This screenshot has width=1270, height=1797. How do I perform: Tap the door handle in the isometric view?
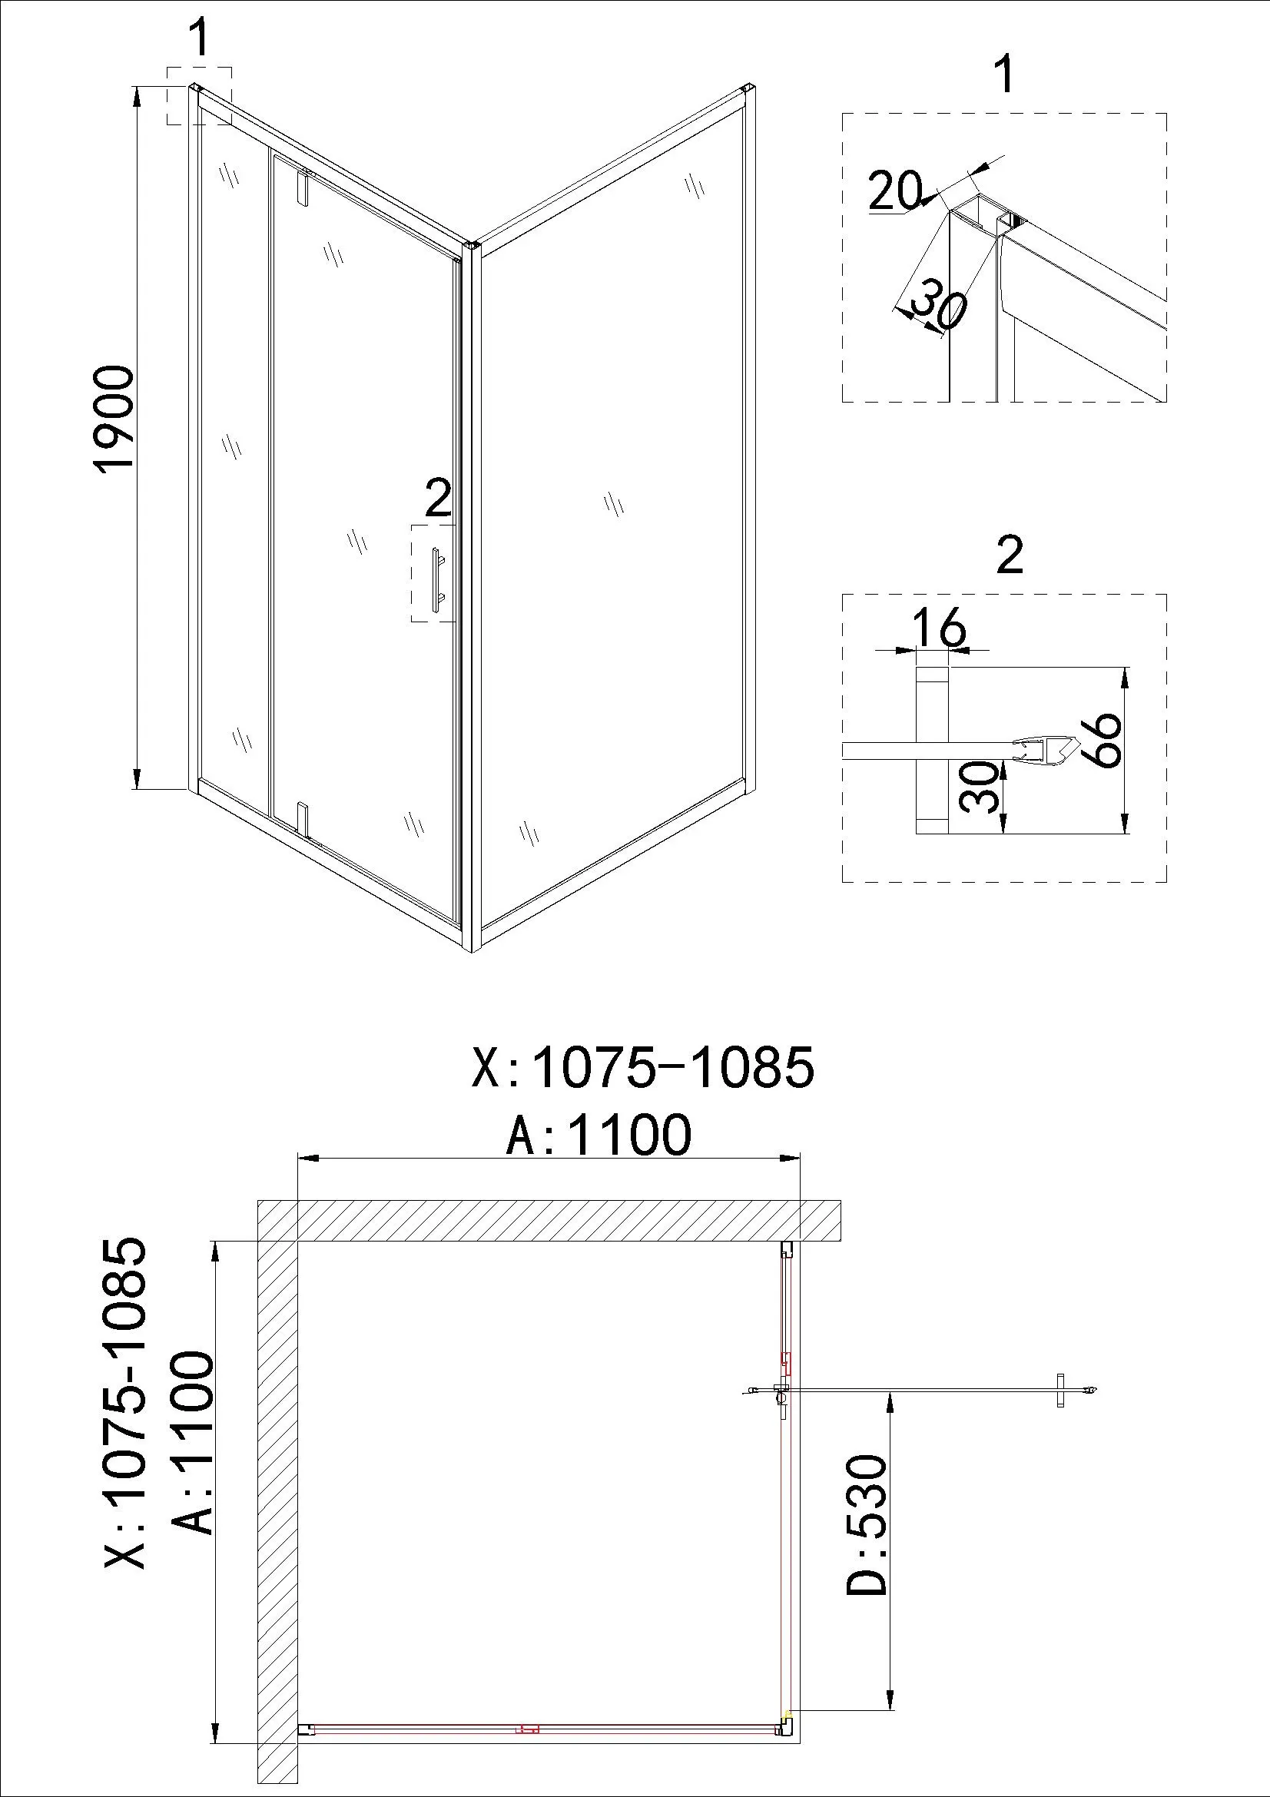[435, 579]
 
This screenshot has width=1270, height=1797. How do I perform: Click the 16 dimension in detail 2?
[940, 628]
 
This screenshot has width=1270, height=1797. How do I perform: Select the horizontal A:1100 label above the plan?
[599, 1136]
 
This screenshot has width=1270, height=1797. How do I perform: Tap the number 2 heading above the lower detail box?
[1010, 555]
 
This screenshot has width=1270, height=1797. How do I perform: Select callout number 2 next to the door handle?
[438, 498]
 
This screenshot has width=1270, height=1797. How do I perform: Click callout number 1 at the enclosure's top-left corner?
[201, 38]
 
